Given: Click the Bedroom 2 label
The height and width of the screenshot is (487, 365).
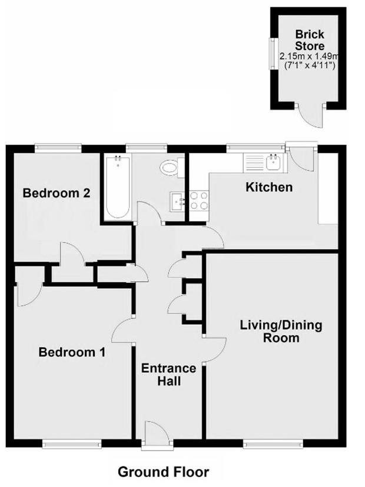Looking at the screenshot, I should (x=57, y=193).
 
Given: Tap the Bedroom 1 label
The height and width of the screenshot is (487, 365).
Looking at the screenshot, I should (x=72, y=352).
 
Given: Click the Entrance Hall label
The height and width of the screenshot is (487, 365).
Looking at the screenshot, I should (x=168, y=375).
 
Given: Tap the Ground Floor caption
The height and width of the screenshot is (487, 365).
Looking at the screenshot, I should (x=163, y=471).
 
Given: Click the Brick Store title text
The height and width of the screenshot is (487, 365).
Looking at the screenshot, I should (x=309, y=40).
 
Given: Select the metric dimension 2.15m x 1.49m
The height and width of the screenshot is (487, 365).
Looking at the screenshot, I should (x=310, y=56).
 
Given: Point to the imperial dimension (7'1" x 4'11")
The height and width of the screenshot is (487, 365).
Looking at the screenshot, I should (x=310, y=65).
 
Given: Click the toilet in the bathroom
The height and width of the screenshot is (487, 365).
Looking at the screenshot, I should (x=169, y=168).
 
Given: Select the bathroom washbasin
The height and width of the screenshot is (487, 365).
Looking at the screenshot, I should (x=177, y=201).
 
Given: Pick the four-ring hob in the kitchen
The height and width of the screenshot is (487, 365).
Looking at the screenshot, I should (x=198, y=201).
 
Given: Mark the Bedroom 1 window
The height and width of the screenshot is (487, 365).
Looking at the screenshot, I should (x=73, y=443).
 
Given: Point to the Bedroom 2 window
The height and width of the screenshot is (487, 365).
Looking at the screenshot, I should (x=57, y=147).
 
